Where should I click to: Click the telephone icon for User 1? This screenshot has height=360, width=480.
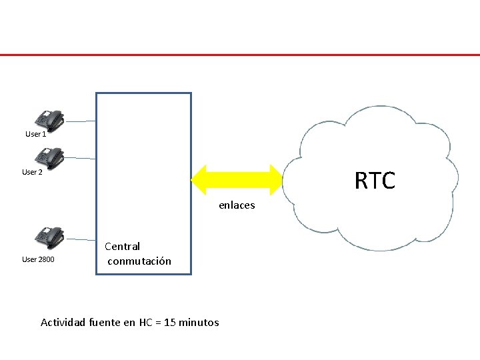pyautogui.click(x=50, y=119)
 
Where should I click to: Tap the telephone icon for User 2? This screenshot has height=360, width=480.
pyautogui.click(x=50, y=157)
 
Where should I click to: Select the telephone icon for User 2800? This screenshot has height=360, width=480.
pyautogui.click(x=50, y=237)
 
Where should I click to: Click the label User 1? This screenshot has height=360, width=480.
pyautogui.click(x=35, y=134)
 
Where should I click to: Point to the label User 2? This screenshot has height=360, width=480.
pyautogui.click(x=32, y=172)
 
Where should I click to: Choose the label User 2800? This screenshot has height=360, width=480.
pyautogui.click(x=38, y=259)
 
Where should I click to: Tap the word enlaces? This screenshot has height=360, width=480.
pyautogui.click(x=237, y=205)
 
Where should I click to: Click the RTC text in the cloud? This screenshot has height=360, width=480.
pyautogui.click(x=375, y=181)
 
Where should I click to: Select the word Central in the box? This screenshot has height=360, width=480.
pyautogui.click(x=122, y=247)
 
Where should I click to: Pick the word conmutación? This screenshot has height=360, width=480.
pyautogui.click(x=139, y=261)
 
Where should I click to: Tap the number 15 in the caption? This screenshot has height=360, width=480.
pyautogui.click(x=169, y=323)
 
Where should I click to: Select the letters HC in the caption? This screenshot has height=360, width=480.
pyautogui.click(x=146, y=323)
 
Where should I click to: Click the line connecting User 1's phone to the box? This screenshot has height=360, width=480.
pyautogui.click(x=81, y=122)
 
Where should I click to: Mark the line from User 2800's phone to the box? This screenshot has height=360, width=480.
pyautogui.click(x=81, y=239)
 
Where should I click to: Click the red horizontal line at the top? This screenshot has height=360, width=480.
pyautogui.click(x=240, y=55)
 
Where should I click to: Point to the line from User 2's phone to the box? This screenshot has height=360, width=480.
pyautogui.click(x=81, y=159)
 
